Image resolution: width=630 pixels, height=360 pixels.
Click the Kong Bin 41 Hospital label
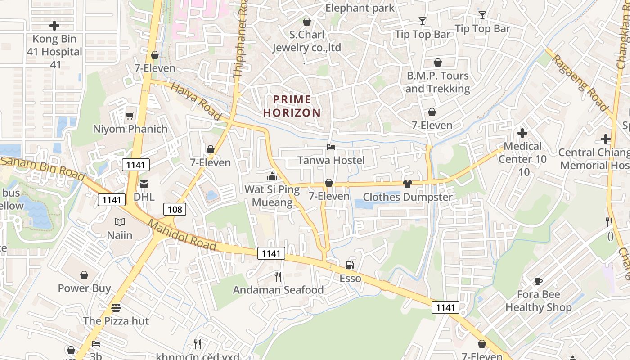(54, 52)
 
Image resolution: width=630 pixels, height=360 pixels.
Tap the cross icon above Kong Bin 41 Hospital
(54, 25)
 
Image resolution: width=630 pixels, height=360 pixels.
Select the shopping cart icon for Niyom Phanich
(130, 116)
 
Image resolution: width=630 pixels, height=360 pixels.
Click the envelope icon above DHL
(144, 184)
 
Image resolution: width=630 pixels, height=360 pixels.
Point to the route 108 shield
(175, 209)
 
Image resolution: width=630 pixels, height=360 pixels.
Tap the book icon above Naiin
(120, 222)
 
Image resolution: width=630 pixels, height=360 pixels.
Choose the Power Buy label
(84, 288)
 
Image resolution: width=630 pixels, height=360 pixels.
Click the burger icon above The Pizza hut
(116, 308)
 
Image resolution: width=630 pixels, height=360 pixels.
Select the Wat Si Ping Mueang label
(272, 196)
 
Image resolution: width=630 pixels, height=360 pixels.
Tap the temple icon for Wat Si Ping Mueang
(272, 176)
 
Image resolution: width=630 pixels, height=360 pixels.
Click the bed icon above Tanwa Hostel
(331, 147)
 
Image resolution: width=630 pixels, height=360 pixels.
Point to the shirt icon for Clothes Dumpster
(408, 184)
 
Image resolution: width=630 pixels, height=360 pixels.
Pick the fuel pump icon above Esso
(350, 265)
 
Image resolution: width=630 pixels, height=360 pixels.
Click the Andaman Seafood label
(278, 290)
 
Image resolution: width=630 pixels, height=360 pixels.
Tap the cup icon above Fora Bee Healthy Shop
(538, 281)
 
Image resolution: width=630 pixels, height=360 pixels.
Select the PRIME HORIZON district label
(292, 106)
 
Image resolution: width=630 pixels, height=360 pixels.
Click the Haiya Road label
(197, 103)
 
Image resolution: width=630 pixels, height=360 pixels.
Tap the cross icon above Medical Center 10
(522, 133)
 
